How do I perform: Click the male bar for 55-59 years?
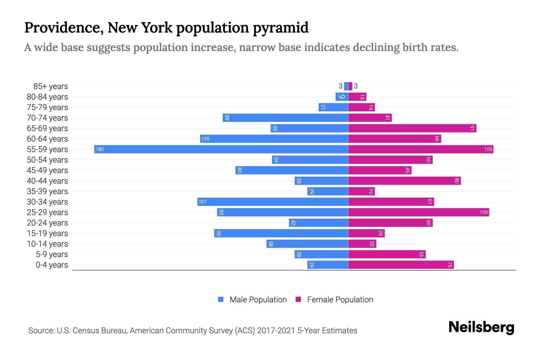tap(221, 149)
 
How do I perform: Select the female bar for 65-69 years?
tap(412, 128)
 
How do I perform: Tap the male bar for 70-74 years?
tap(285, 118)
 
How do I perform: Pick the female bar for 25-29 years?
tap(418, 212)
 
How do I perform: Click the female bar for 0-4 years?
tap(401, 265)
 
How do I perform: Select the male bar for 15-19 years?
tap(281, 233)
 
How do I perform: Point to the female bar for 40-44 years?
tap(404, 181)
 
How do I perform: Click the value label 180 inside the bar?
tap(100, 149)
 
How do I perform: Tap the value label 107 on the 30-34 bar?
tap(202, 202)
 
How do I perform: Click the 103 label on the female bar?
tap(488, 149)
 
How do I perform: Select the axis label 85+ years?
tap(51, 86)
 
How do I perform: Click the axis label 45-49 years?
tap(47, 170)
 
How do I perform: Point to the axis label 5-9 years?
tap(52, 254)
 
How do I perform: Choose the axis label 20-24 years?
tap(47, 223)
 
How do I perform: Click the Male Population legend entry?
tap(258, 300)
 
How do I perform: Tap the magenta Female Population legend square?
tap(298, 299)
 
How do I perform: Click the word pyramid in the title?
tap(280, 28)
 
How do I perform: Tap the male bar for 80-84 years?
tap(342, 97)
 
